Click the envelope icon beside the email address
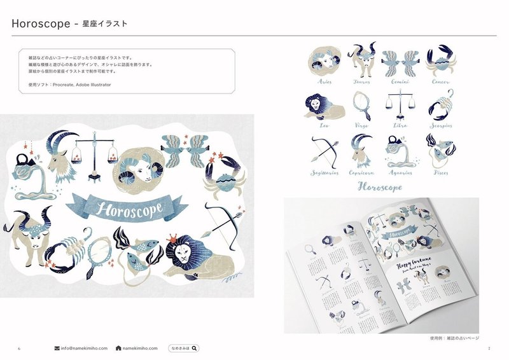tap(57, 349)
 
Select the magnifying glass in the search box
tap(194, 348)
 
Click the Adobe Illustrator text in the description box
tap(91, 83)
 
